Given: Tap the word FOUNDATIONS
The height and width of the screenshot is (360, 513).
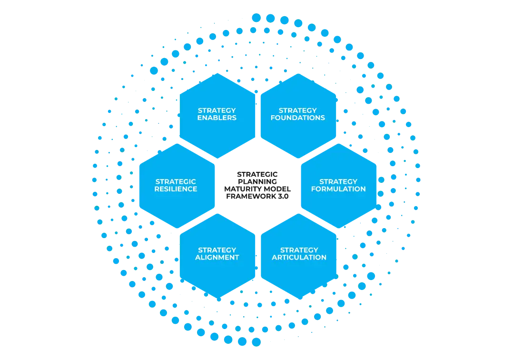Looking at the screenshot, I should coord(298,118).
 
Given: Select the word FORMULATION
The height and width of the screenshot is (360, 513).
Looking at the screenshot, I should coord(338,189).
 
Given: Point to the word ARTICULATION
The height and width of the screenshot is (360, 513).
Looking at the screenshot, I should coord(299,257).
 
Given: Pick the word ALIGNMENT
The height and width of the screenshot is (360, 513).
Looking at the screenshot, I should coord(217,257).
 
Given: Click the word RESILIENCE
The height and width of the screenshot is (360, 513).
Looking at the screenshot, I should coord(176,189).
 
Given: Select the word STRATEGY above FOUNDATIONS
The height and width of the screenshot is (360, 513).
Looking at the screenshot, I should coord(298,110).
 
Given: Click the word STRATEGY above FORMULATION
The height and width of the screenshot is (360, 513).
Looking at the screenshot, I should coord(338,181).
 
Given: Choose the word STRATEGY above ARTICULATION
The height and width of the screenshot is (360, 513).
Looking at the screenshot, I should coord(299,250).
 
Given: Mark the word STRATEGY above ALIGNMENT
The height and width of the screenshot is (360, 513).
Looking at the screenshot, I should coord(217,250).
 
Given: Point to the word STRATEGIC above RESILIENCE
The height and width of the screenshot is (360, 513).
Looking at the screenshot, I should coord(176,181).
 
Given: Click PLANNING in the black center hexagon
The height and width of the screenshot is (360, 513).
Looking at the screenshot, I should coord(257,181).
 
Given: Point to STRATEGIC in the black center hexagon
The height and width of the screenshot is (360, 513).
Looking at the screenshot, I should coord(257,174).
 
